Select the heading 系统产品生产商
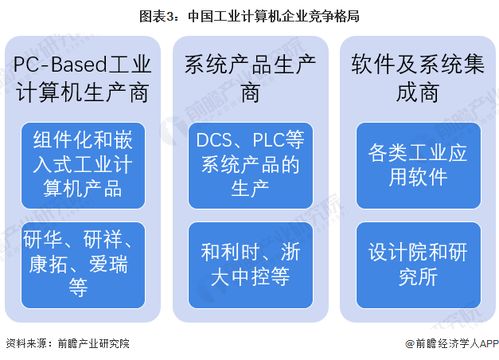(249, 79)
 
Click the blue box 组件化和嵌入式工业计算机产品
(84, 164)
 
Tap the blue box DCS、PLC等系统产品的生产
(249, 164)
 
